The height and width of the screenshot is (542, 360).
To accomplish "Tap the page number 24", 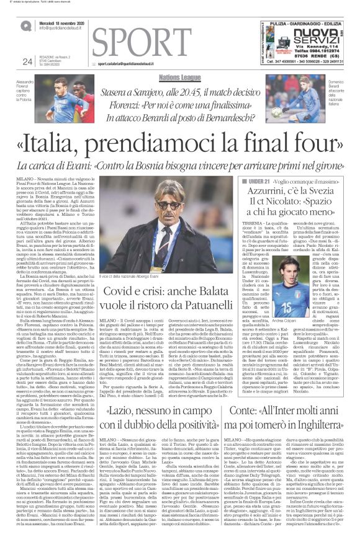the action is (x=27, y=60).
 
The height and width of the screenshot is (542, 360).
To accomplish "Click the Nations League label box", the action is (x=180, y=77).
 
